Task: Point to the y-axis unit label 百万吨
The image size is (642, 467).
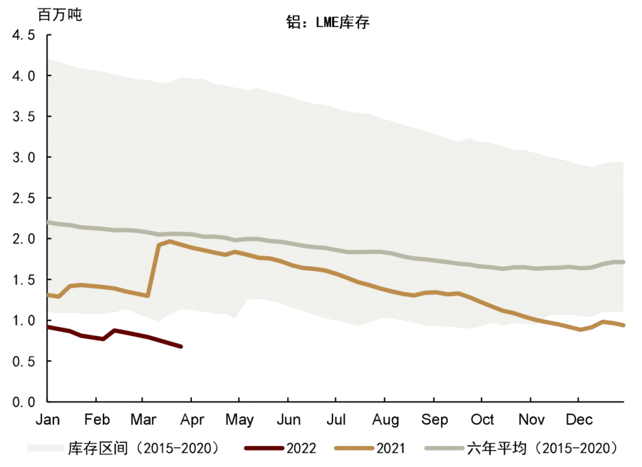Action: [x=59, y=15]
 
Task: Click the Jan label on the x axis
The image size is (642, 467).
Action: [x=48, y=419]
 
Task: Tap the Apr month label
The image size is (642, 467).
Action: [x=192, y=419]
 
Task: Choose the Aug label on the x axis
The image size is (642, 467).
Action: [x=385, y=419]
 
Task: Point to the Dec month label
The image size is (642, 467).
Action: [x=578, y=419]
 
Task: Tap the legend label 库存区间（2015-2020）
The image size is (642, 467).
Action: [x=143, y=448]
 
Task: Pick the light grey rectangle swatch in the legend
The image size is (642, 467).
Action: [x=45, y=448]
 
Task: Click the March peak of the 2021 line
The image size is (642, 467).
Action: [x=170, y=241]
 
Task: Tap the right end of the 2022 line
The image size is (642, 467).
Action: [x=181, y=346]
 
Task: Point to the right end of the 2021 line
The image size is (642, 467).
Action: [x=623, y=325]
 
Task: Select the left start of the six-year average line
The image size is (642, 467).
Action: [x=49, y=222]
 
